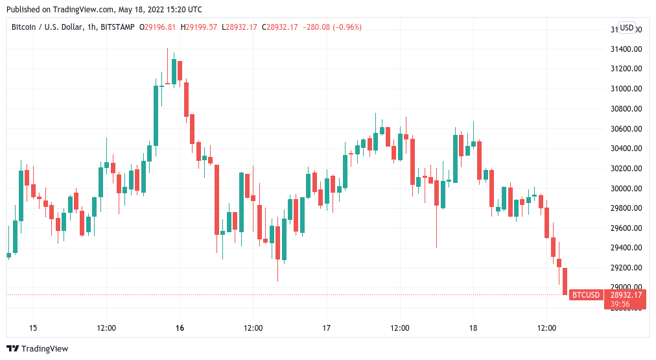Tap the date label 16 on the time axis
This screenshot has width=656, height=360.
[180, 328]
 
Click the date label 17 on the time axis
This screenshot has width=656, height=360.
[327, 328]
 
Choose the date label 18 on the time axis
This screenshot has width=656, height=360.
[473, 328]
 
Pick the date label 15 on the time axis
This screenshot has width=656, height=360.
[33, 328]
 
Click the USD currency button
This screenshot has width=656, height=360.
[627, 28]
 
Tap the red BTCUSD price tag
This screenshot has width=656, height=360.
[586, 295]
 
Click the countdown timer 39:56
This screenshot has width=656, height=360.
[621, 304]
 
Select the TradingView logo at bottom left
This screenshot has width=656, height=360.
[38, 348]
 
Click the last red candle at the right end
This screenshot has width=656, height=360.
[565, 282]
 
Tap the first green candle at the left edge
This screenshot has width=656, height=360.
[9, 256]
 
